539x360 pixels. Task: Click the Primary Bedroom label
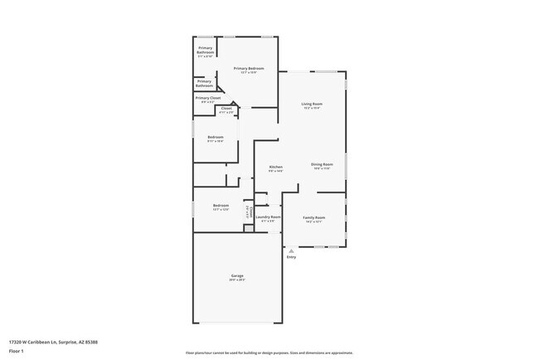249,68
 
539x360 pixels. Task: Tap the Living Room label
312,104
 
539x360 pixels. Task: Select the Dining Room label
323,164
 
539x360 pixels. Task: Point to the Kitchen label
276,167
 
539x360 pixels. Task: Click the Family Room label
313,217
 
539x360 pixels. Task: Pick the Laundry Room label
270,217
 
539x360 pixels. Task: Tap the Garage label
237,275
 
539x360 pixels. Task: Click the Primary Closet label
207,98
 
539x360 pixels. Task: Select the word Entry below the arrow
291,257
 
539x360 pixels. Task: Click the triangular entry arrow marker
291,250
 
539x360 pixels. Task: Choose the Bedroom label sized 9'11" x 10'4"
216,137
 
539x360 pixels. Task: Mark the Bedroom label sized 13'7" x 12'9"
221,205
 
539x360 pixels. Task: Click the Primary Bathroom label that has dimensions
206,51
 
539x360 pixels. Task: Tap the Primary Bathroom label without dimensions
204,84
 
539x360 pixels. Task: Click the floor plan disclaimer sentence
269,352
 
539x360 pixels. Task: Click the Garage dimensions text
237,280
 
